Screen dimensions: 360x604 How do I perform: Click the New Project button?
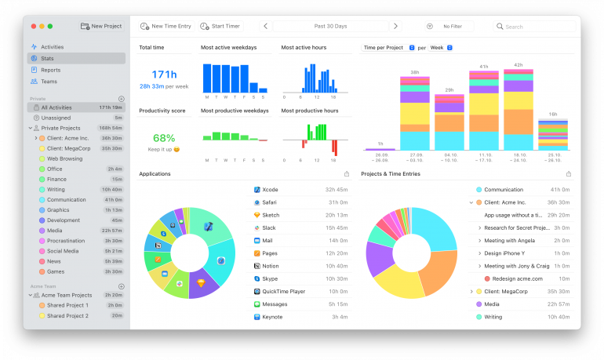pyautogui.click(x=101, y=26)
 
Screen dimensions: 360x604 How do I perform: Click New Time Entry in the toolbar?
pyautogui.click(x=166, y=26)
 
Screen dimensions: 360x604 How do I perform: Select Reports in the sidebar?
pyautogui.click(x=50, y=70)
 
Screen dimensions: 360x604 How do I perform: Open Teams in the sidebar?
pyautogui.click(x=49, y=81)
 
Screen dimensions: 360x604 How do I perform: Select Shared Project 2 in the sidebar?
pyautogui.click(x=67, y=315)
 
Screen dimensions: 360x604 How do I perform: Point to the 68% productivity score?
pyautogui.click(x=163, y=137)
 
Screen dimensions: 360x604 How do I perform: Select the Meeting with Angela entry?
pyautogui.click(x=509, y=241)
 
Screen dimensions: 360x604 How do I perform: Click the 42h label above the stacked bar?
pyautogui.click(x=518, y=65)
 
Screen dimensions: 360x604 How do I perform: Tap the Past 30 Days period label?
pyautogui.click(x=330, y=27)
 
